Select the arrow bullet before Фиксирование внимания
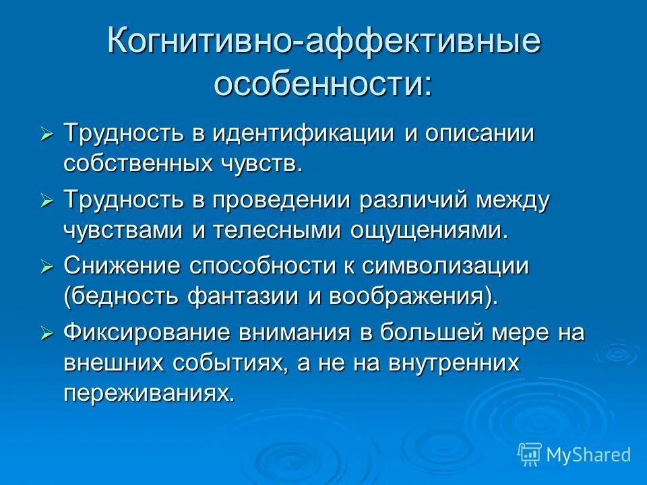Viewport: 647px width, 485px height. click(47, 333)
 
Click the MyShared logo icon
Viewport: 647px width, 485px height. click(529, 455)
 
